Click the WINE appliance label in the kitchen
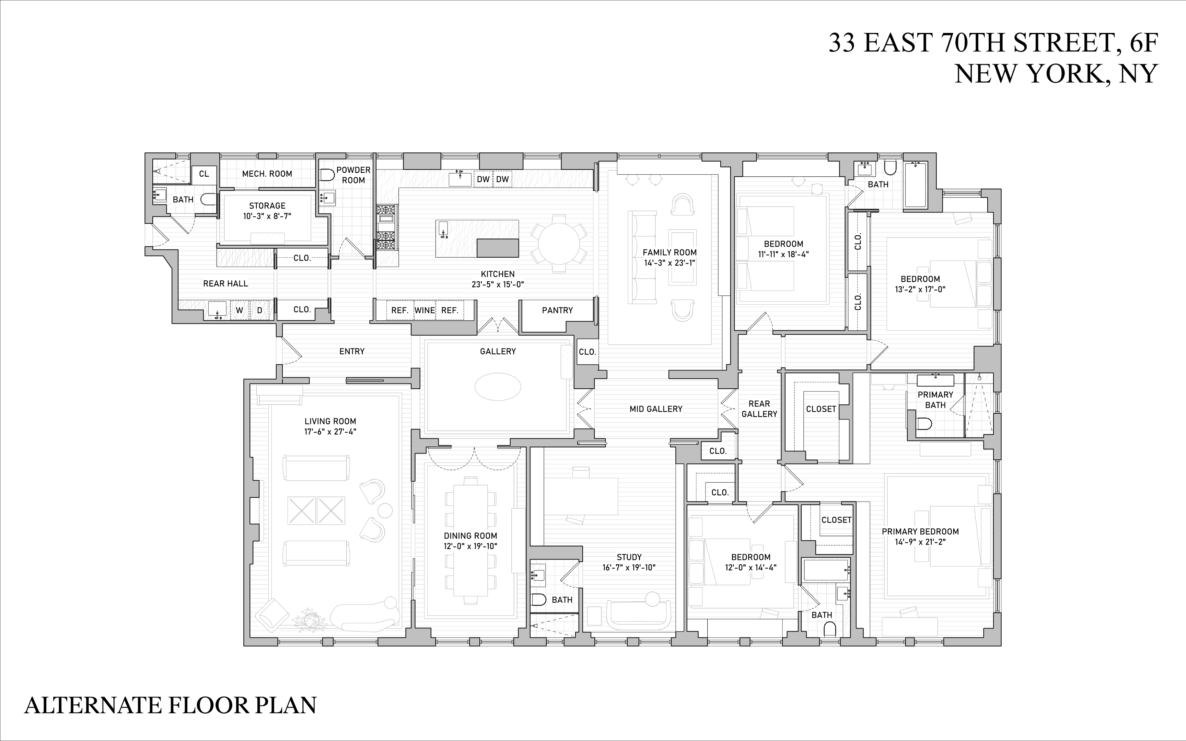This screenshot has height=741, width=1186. (x=425, y=310)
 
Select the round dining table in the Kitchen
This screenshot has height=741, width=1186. (x=559, y=243)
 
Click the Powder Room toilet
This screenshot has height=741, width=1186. (x=326, y=175)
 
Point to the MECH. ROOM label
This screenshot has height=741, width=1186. (x=267, y=174)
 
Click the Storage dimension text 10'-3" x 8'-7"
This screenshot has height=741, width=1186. (x=267, y=216)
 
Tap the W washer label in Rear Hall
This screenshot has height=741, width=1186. (x=240, y=310)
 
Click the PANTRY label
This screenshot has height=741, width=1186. (x=557, y=310)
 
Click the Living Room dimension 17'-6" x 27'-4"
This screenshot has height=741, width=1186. (x=330, y=432)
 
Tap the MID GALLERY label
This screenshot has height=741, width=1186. (x=656, y=409)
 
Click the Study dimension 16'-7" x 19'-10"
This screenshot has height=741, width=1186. (x=629, y=567)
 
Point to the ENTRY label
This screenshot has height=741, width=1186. (x=351, y=351)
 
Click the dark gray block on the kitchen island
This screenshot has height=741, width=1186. (x=498, y=248)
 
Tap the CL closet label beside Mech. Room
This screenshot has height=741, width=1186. (x=204, y=174)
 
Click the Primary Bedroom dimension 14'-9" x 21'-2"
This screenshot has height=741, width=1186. (x=920, y=542)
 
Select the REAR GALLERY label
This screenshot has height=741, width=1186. (x=759, y=409)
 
